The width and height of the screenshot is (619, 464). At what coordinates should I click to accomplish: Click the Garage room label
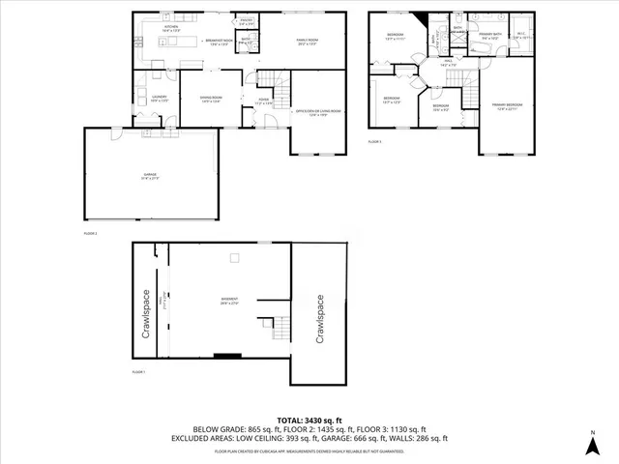tap(150, 176)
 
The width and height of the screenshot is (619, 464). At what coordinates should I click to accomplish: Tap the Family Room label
tap(307, 43)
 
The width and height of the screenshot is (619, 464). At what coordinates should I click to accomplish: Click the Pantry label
tap(247, 21)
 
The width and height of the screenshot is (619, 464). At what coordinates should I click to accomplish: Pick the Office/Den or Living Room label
tap(318, 113)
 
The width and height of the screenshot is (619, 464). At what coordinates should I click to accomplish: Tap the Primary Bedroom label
tap(507, 105)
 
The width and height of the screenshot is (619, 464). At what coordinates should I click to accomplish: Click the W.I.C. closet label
tap(518, 37)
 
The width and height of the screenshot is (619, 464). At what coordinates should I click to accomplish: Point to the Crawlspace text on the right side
tap(319, 320)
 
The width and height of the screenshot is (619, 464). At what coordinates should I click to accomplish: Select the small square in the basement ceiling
tap(233, 257)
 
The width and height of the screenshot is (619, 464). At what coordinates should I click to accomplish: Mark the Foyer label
tap(263, 101)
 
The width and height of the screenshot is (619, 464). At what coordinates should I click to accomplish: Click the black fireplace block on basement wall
tap(228, 356)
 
